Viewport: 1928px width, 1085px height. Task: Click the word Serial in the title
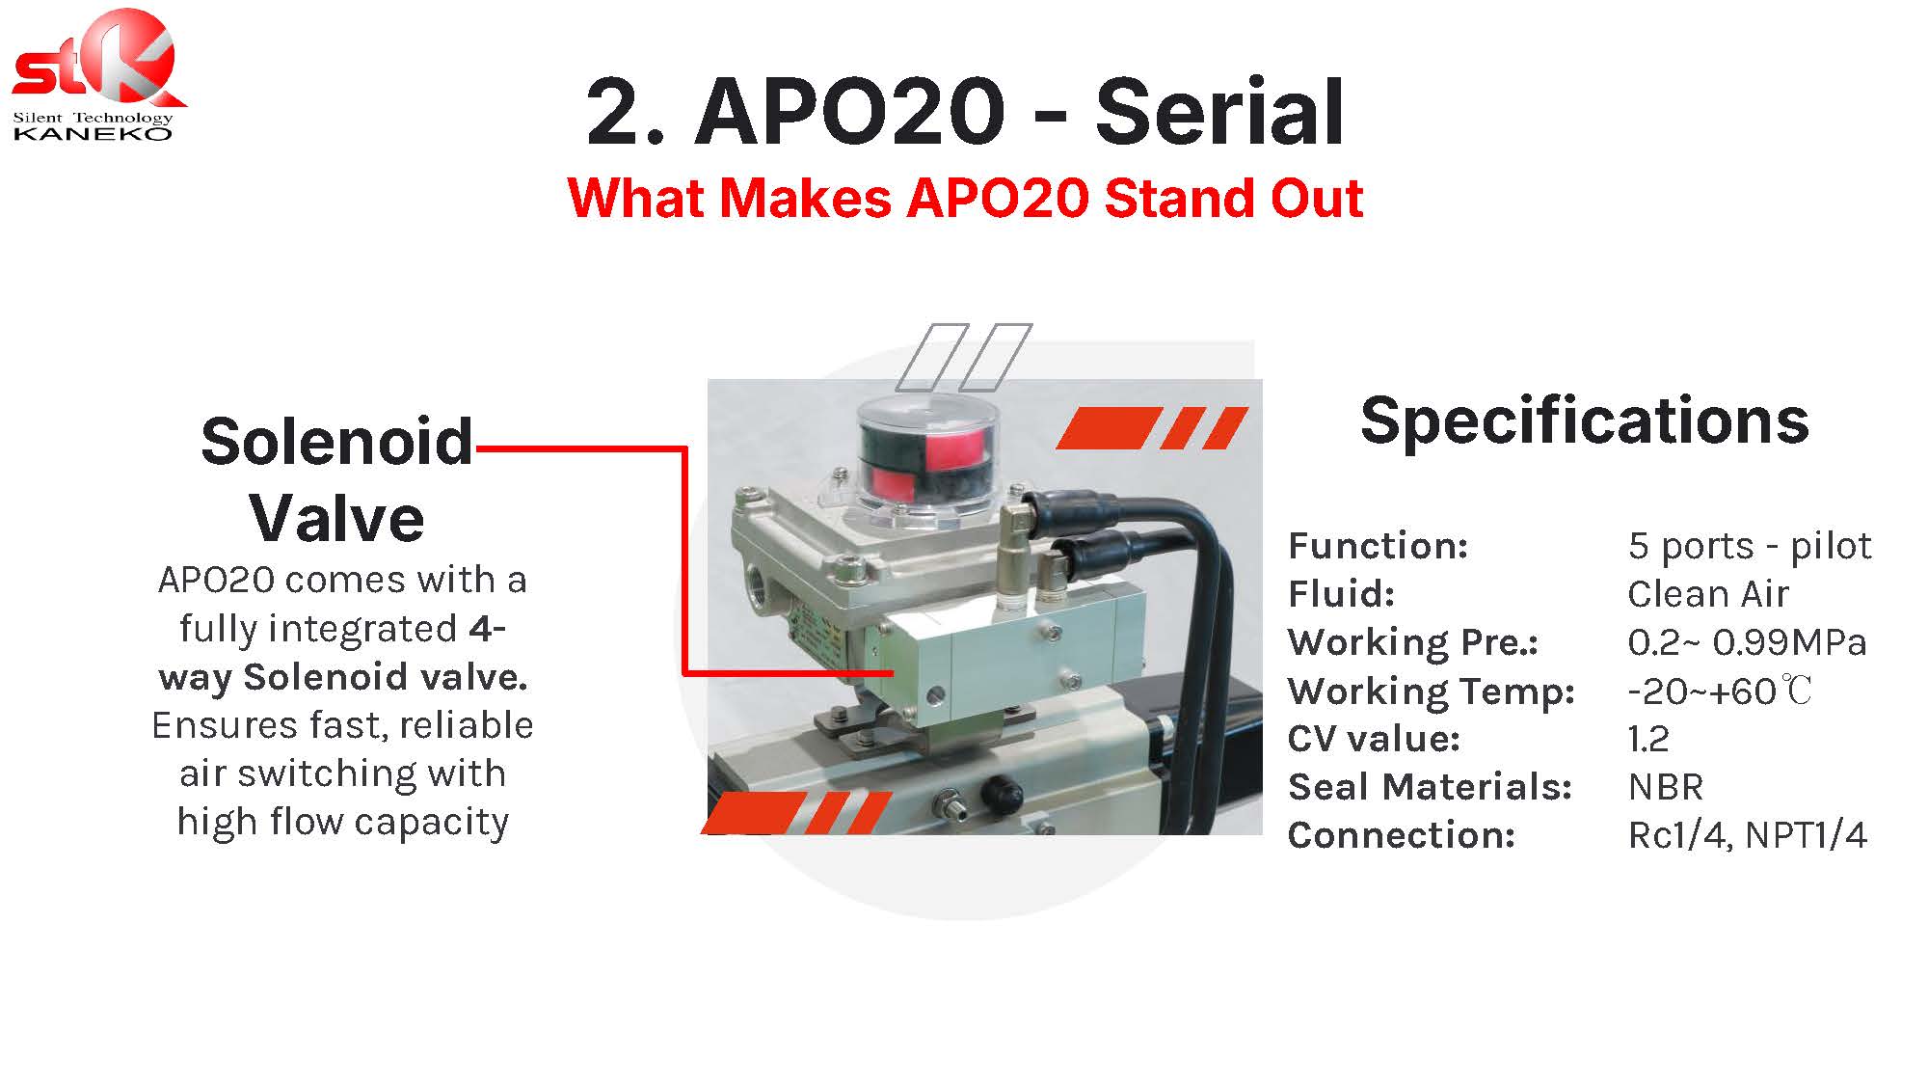(x=1219, y=113)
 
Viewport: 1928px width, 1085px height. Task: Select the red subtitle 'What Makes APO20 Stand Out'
(x=965, y=198)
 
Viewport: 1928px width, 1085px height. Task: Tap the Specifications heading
(x=1585, y=420)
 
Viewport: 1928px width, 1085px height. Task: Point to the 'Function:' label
(x=1379, y=546)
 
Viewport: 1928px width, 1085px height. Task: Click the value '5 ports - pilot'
(x=1750, y=546)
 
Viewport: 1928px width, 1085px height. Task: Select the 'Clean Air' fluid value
(x=1708, y=594)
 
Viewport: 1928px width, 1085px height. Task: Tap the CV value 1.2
(x=1648, y=739)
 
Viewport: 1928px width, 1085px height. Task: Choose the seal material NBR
(x=1666, y=787)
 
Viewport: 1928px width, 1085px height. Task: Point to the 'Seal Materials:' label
(x=1430, y=787)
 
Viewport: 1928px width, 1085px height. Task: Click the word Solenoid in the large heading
(x=337, y=442)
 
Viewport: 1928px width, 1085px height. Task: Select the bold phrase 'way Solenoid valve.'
(x=343, y=677)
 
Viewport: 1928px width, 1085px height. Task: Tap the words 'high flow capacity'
(x=343, y=822)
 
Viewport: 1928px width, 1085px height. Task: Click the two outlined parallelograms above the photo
(x=964, y=357)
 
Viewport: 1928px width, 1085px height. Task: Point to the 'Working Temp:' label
(x=1432, y=691)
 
